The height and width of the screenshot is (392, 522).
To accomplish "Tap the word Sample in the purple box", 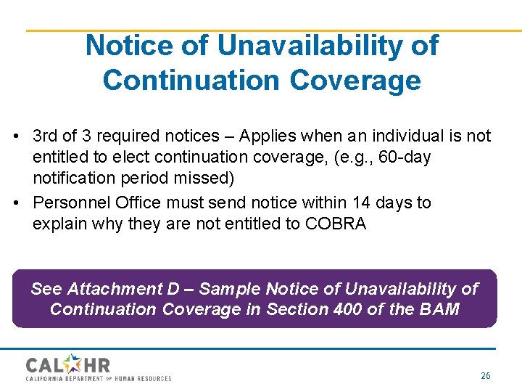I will coord(230,289).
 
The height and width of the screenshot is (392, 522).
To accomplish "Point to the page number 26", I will coord(485,376).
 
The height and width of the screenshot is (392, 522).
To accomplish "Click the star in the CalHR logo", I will coord(75,362).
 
